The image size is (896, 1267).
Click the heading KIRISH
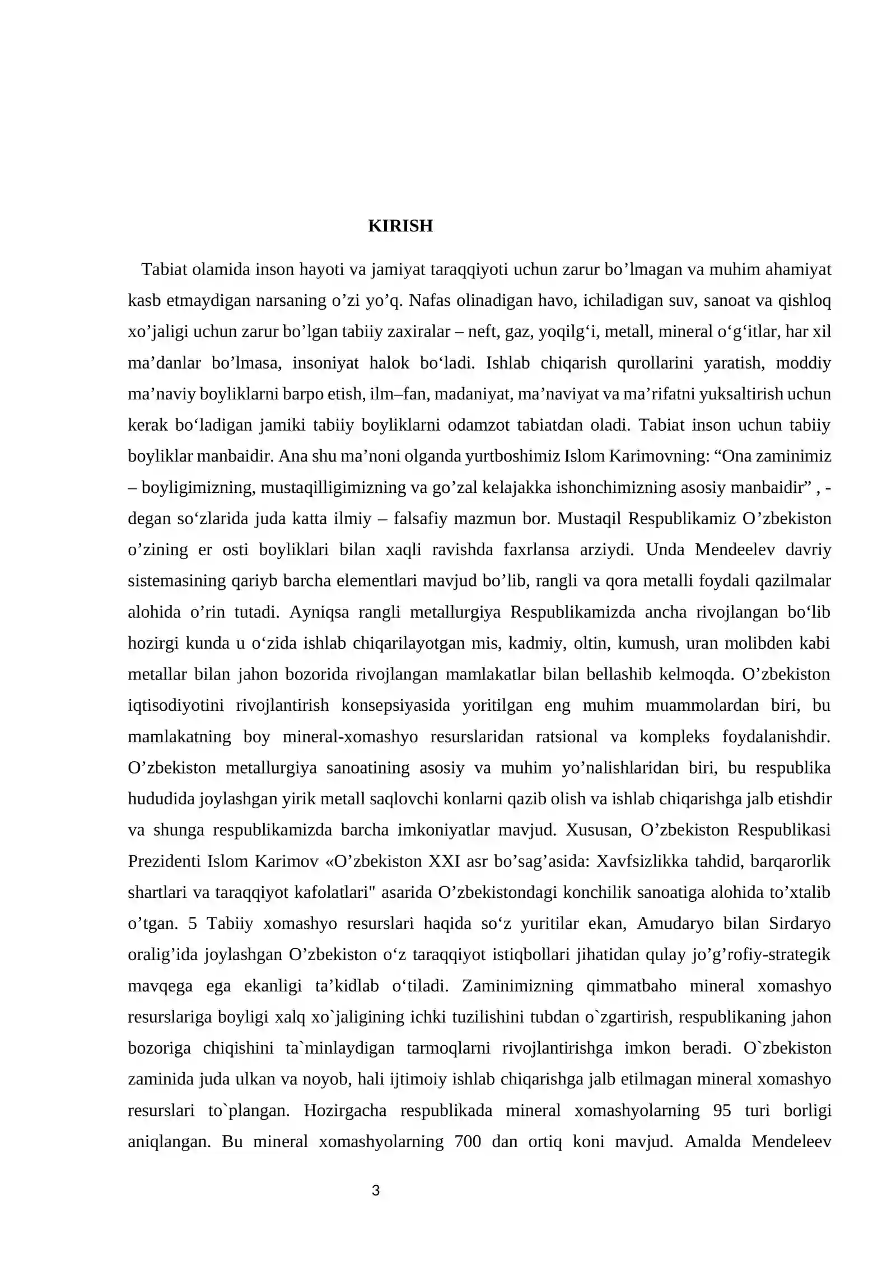pyautogui.click(x=400, y=226)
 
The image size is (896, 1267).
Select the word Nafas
pyautogui.click(x=431, y=301)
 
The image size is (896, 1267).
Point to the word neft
pyautogui.click(x=482, y=332)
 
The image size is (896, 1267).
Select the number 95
pyautogui.click(x=722, y=1110)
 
